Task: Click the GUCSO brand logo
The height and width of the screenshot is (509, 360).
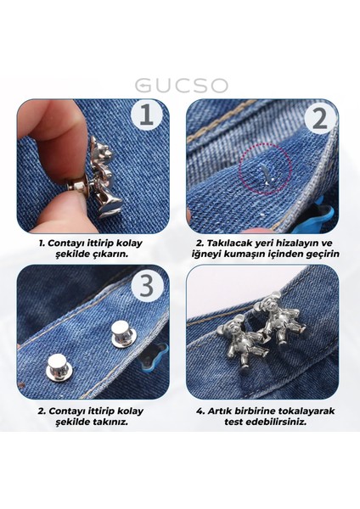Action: click(x=180, y=87)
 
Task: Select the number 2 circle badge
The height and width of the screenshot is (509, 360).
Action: click(x=318, y=118)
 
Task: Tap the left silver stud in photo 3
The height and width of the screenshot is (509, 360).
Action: click(x=60, y=366)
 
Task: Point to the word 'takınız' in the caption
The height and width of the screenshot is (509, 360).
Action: click(x=109, y=422)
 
